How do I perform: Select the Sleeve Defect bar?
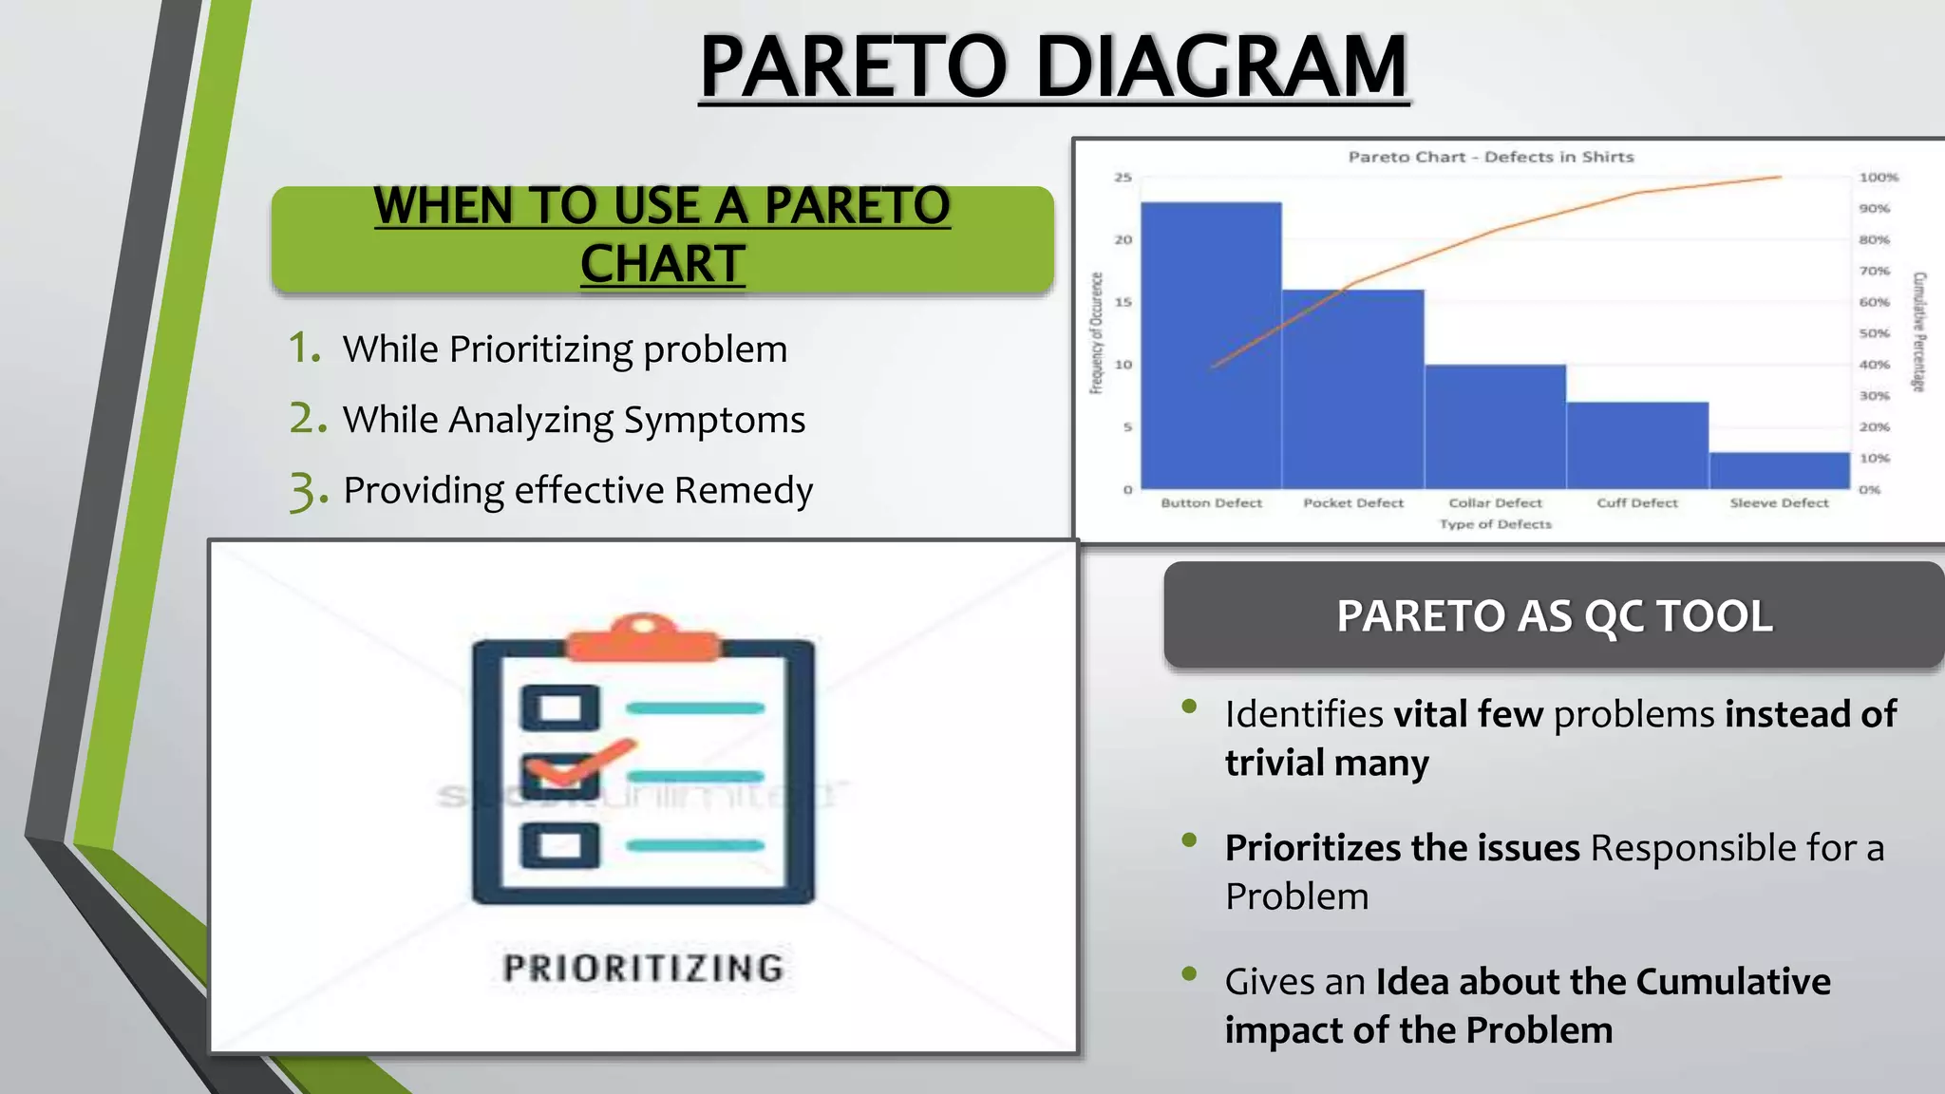[1780, 471]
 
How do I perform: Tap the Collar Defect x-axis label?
[1495, 503]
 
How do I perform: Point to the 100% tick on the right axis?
[1878, 178]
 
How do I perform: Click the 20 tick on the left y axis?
[1123, 240]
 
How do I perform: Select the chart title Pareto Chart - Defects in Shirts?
[1490, 157]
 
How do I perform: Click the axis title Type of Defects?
[1495, 524]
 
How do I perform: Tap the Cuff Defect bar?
[1637, 446]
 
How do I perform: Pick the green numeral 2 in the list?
[303, 418]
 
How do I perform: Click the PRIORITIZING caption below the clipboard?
[643, 969]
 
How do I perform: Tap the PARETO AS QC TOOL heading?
[1554, 616]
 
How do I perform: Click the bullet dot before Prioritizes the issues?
[1189, 839]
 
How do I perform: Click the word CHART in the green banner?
[662, 264]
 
